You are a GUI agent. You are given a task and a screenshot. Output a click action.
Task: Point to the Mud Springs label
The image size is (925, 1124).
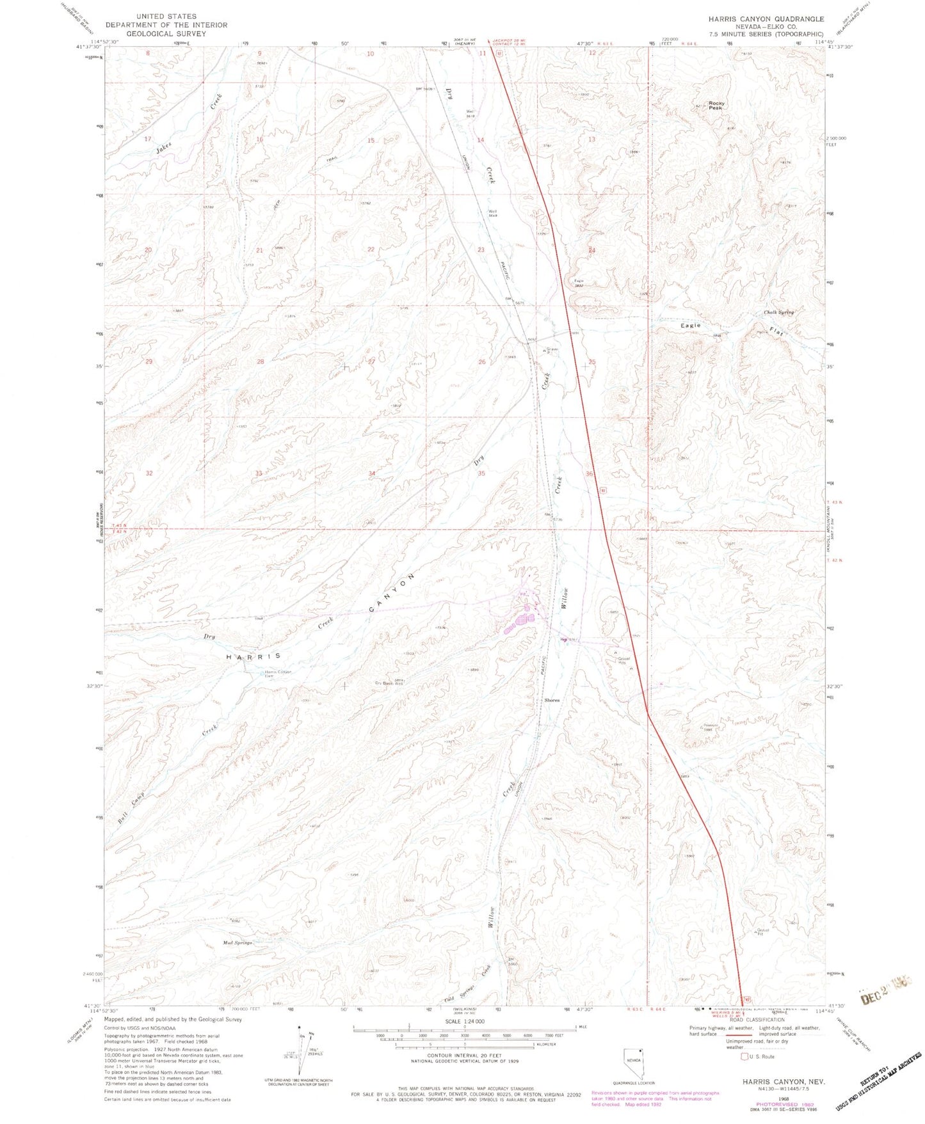pyautogui.click(x=237, y=943)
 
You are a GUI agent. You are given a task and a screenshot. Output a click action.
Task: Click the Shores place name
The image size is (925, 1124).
pyautogui.click(x=552, y=700)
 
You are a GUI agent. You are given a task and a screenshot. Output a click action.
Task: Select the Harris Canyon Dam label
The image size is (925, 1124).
pyautogui.click(x=278, y=674)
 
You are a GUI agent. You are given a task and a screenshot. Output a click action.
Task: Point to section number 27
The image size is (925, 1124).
pyautogui.click(x=371, y=361)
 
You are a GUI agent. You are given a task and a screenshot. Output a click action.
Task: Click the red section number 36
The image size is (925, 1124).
pyautogui.click(x=589, y=473)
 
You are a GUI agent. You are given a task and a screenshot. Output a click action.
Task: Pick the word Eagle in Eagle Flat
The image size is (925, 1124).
pyautogui.click(x=690, y=326)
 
